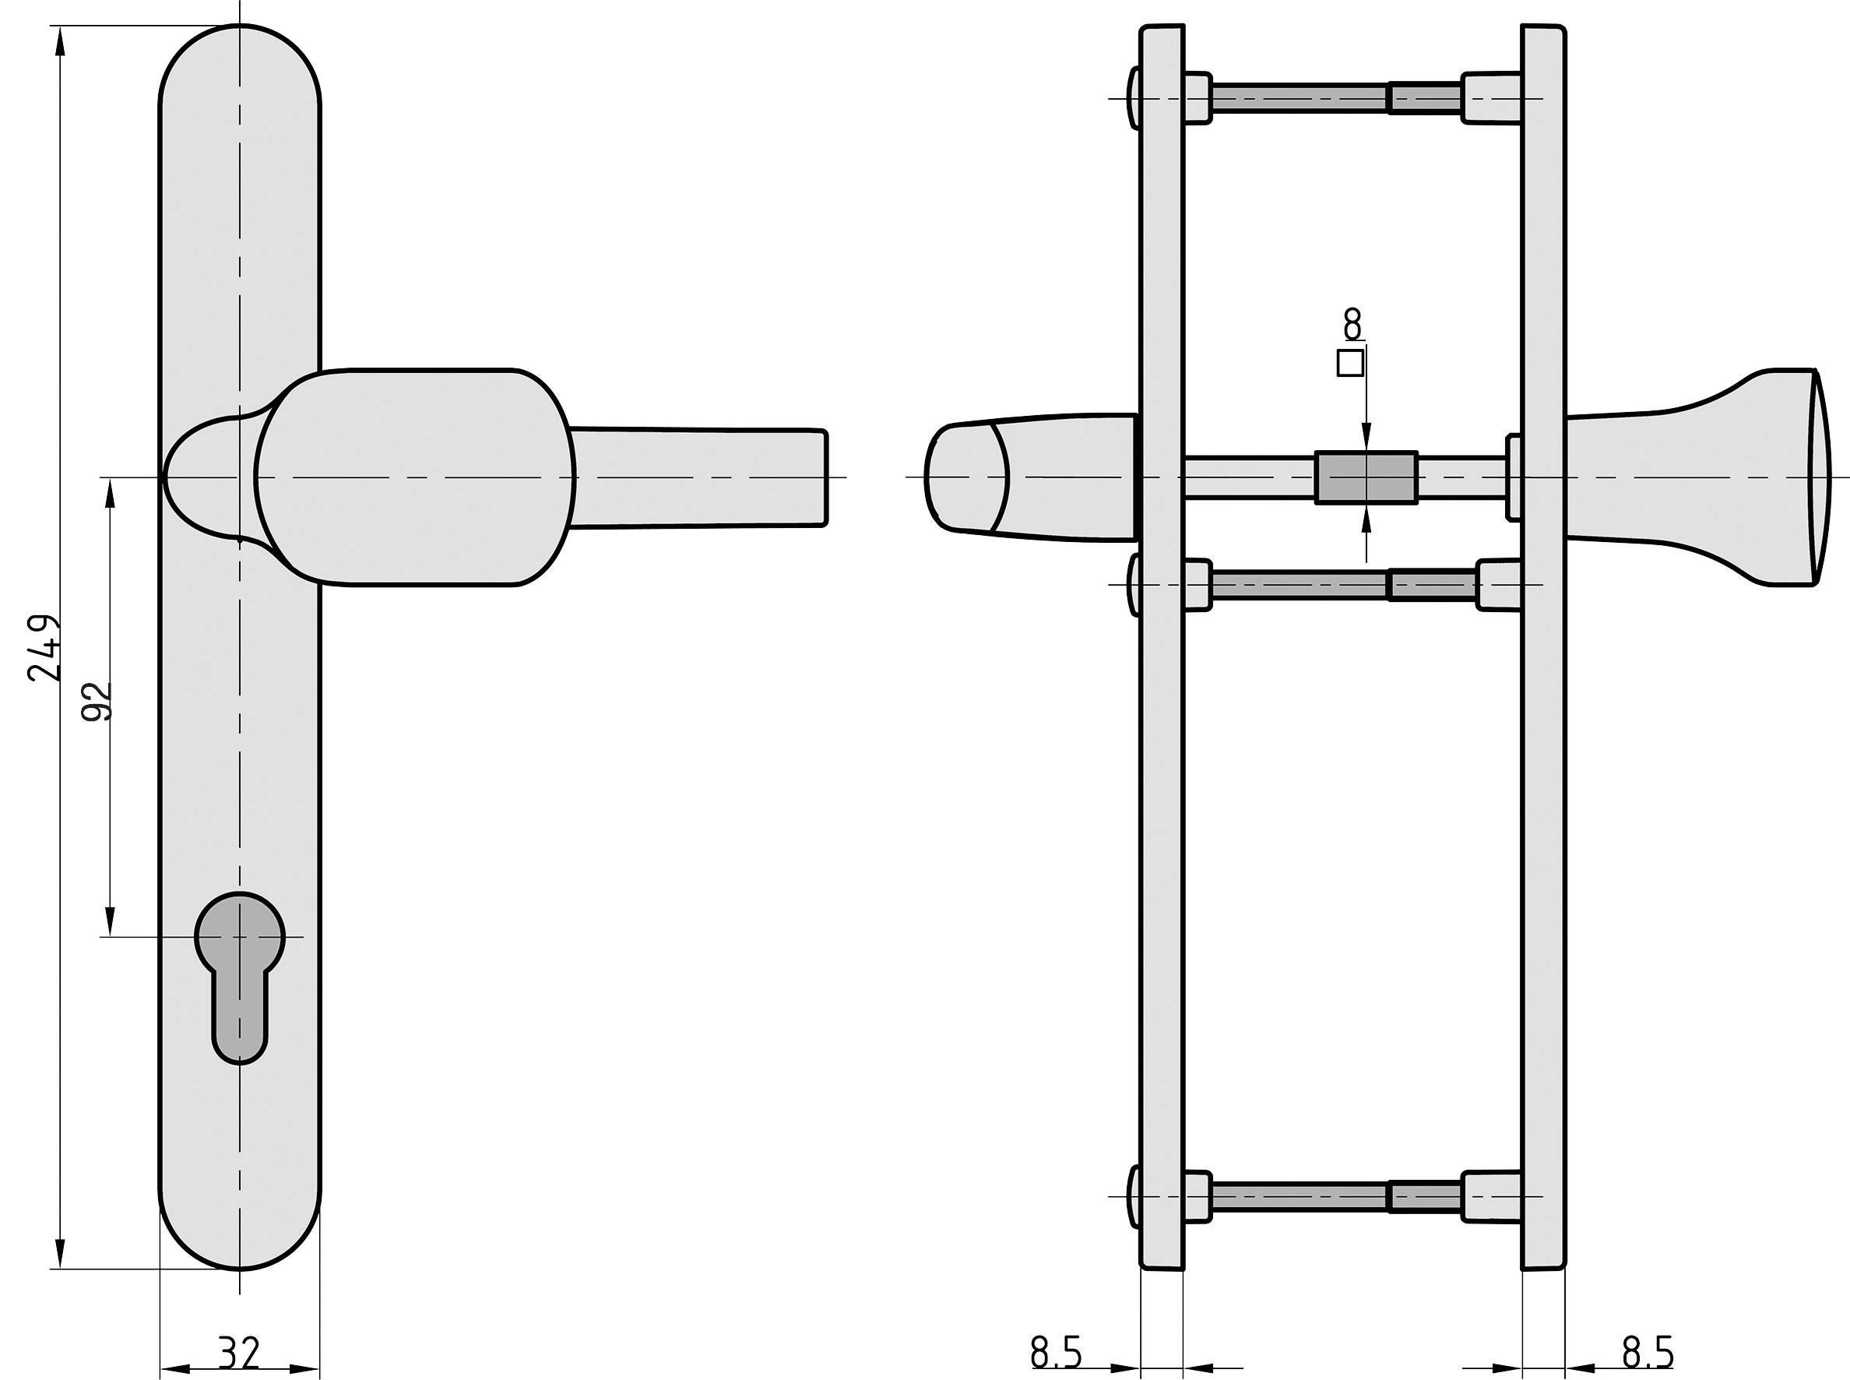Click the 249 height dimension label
(x=44, y=649)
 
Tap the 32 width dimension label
(x=239, y=1354)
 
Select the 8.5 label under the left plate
(x=1056, y=1353)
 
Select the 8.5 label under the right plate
(x=1647, y=1353)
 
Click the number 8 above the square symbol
(x=1352, y=323)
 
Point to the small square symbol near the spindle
(x=1351, y=364)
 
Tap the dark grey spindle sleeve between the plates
(x=1366, y=478)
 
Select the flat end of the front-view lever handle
(x=823, y=478)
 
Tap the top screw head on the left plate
(x=1134, y=99)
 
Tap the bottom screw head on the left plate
(x=1134, y=1196)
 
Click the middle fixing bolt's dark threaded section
(x=1432, y=585)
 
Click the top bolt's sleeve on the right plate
(x=1490, y=99)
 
